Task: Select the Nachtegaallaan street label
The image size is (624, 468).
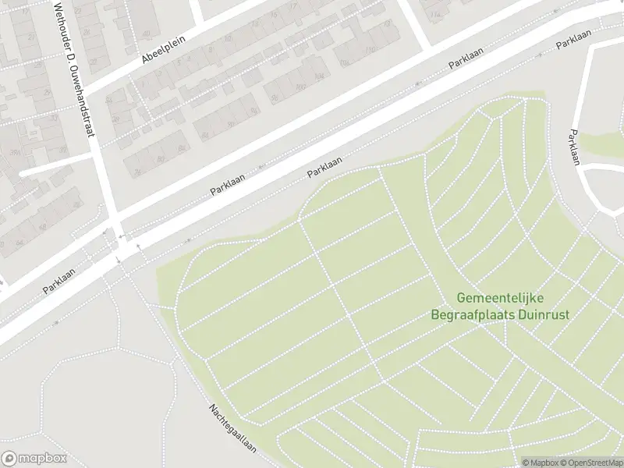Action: tap(232, 430)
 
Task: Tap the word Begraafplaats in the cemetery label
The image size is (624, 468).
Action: tap(470, 315)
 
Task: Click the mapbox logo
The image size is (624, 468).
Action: tap(34, 459)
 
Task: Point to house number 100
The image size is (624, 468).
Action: tap(300, 86)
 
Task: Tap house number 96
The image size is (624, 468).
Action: tap(275, 98)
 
